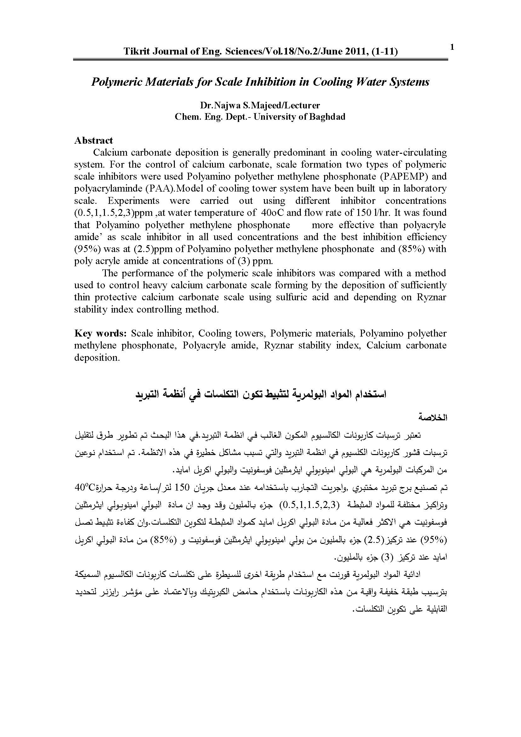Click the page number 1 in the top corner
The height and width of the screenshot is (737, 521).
(x=452, y=48)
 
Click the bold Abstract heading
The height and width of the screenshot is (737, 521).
(x=94, y=141)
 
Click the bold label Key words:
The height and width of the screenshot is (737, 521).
(x=101, y=333)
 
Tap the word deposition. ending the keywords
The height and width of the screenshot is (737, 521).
(x=97, y=358)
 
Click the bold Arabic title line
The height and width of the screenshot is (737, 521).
(x=260, y=394)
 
